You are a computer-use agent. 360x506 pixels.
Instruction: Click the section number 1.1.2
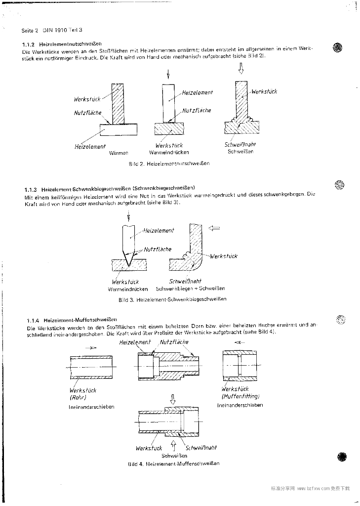(x=30, y=44)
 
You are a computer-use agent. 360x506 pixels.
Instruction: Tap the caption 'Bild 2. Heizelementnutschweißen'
(x=168, y=163)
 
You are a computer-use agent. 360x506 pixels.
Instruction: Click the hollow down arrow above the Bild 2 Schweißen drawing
(x=241, y=70)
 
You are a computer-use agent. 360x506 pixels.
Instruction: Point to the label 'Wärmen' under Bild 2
(x=119, y=153)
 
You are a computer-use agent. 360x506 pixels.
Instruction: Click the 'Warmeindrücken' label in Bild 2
(x=169, y=153)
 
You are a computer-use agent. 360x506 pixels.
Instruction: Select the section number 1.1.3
(x=31, y=189)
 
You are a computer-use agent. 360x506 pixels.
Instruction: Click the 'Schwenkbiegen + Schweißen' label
(x=190, y=289)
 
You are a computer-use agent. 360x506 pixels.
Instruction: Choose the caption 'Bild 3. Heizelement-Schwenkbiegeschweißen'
(x=172, y=299)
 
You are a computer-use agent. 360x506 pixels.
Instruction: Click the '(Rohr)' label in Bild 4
(x=79, y=397)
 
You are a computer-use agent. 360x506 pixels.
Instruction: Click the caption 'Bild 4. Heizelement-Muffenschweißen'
(x=173, y=464)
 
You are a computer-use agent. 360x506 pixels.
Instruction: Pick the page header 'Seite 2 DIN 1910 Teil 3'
(x=52, y=30)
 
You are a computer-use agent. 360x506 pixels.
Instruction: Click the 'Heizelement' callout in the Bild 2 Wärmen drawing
(x=90, y=146)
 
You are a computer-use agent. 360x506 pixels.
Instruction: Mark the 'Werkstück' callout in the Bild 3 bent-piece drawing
(x=223, y=256)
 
